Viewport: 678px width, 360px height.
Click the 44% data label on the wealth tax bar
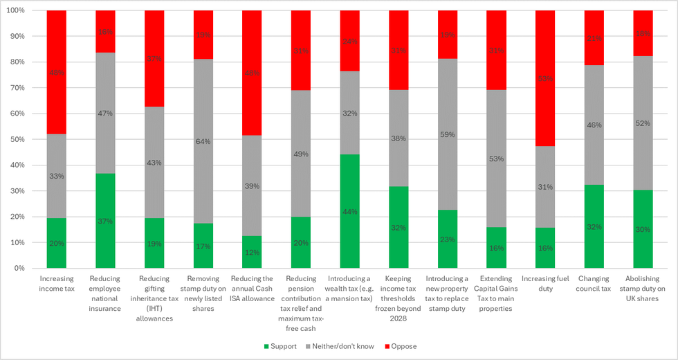pos(350,212)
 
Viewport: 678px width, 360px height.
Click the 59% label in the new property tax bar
pos(448,135)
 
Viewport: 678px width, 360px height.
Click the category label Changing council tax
pos(594,283)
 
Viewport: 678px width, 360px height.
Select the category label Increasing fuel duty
pos(545,283)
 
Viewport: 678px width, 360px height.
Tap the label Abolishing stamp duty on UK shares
pos(643,288)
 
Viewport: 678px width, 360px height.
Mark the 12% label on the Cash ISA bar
pos(252,253)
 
